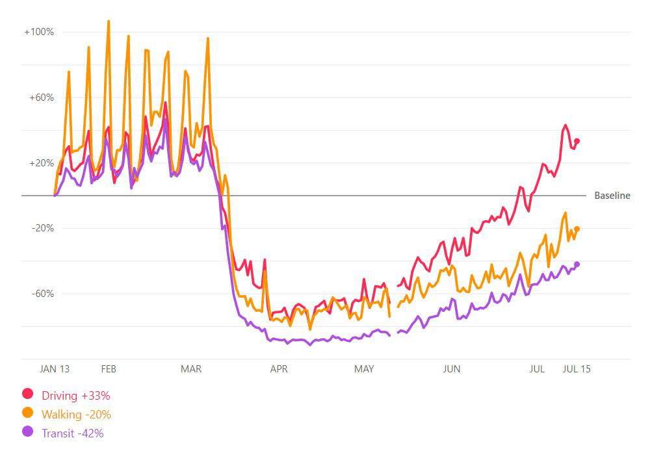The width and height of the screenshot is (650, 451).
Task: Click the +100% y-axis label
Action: (x=38, y=32)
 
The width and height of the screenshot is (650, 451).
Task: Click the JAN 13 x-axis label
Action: (x=55, y=369)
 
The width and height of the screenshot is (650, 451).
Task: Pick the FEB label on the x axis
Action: (x=109, y=369)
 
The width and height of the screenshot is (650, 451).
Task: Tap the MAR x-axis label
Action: (x=191, y=369)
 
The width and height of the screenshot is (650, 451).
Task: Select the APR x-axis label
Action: (x=279, y=369)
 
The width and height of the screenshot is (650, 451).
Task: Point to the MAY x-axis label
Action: (x=364, y=369)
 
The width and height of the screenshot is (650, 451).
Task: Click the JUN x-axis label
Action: (x=451, y=369)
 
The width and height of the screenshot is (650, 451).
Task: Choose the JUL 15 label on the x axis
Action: (x=577, y=369)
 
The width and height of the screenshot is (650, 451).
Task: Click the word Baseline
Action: (x=612, y=196)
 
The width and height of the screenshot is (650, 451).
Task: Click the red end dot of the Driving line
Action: (x=577, y=141)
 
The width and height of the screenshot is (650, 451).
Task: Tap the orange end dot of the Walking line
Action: (x=577, y=229)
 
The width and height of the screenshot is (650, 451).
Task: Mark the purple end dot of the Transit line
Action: (x=577, y=264)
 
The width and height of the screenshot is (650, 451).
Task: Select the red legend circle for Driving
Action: (x=28, y=394)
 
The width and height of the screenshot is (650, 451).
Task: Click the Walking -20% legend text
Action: (x=76, y=414)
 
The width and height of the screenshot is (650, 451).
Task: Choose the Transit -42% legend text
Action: (x=72, y=433)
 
